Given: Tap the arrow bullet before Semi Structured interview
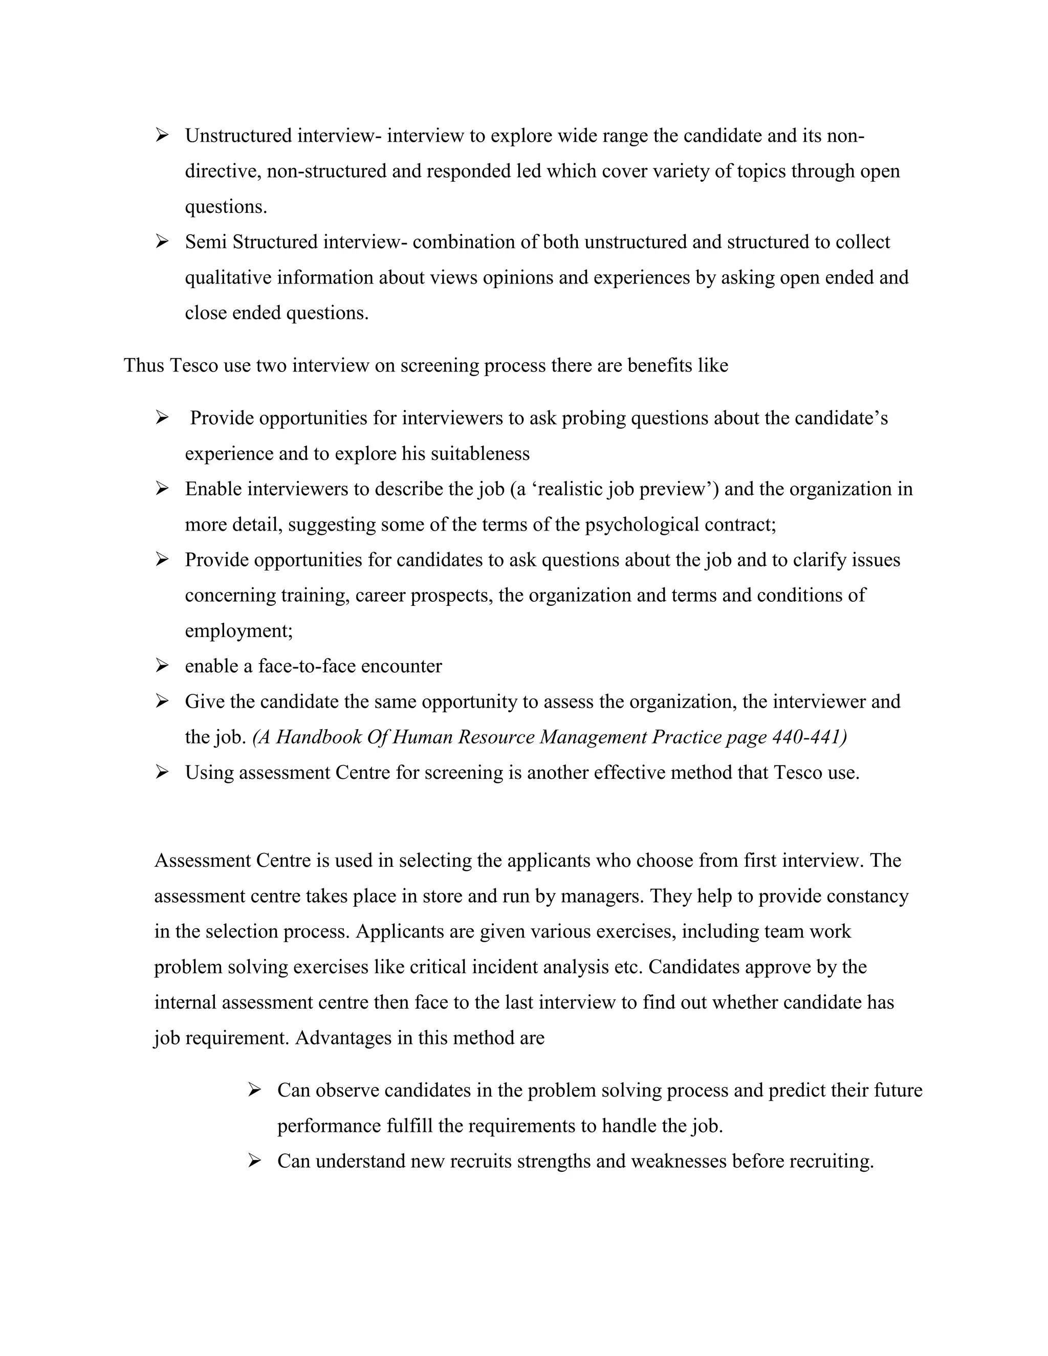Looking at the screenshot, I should (x=162, y=242).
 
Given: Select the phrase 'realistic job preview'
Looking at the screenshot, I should (x=626, y=489).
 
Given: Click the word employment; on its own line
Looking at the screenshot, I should (x=239, y=631).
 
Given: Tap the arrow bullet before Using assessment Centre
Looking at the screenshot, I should (x=162, y=772).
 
